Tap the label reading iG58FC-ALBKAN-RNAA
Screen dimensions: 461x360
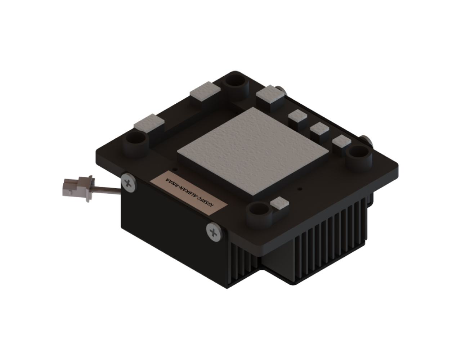tap(189, 193)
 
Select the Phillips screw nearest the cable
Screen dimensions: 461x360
tap(129, 183)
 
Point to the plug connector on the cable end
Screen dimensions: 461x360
tap(78, 188)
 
